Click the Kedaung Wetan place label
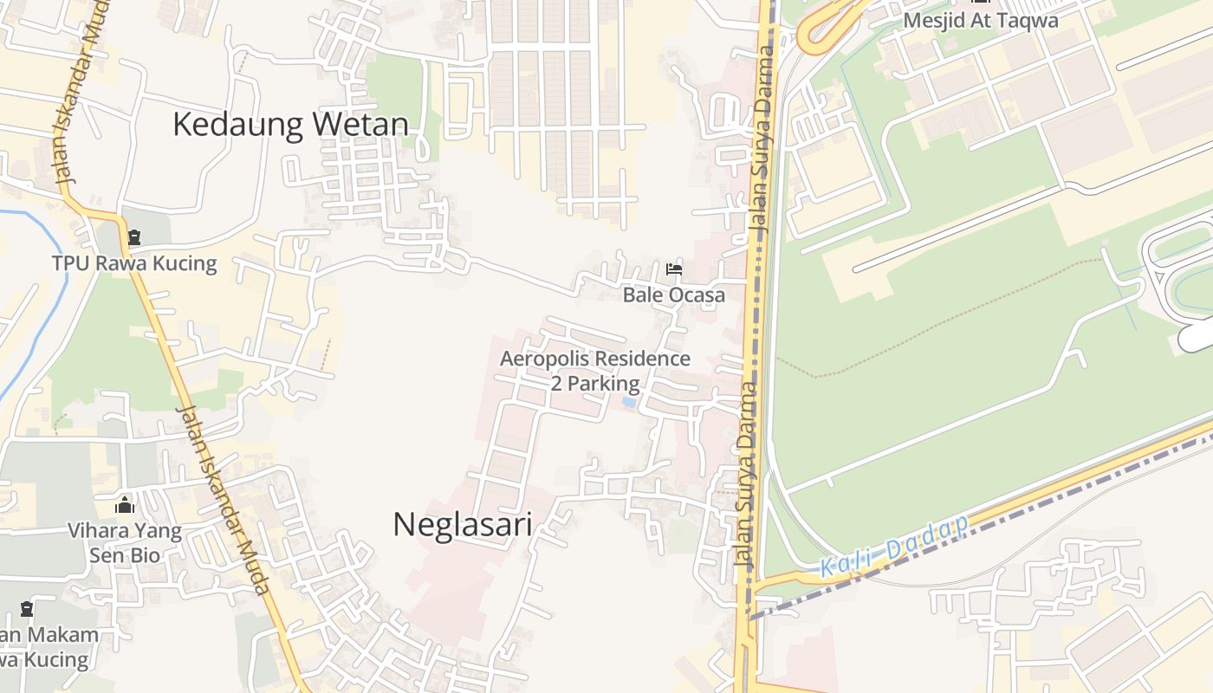coord(290,125)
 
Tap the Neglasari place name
coord(462,525)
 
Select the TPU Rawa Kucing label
coord(134,263)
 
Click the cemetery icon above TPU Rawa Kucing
coord(134,237)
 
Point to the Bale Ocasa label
coord(673,295)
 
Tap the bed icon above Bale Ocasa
coord(673,269)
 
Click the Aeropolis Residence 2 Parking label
coord(595,371)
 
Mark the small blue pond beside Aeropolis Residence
coord(629,403)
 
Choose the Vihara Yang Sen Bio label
coord(125,542)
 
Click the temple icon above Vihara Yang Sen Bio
coord(125,505)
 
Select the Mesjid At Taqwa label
coord(981,21)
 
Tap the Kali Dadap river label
coord(893,547)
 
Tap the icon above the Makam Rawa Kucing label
coord(27,609)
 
